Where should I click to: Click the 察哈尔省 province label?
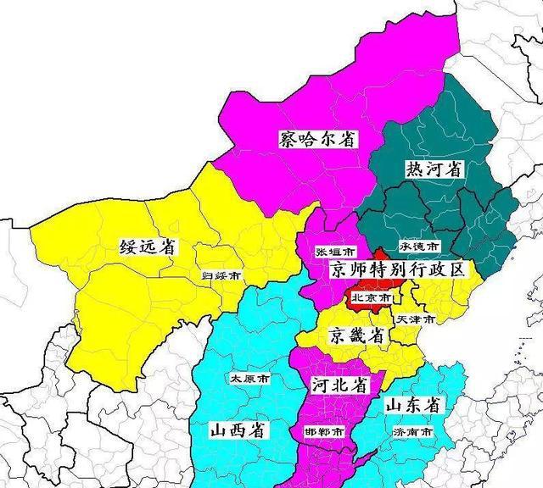(317, 139)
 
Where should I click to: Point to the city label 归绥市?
(220, 275)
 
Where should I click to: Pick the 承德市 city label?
(419, 246)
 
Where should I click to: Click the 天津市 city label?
(416, 319)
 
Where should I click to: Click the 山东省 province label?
(412, 405)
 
